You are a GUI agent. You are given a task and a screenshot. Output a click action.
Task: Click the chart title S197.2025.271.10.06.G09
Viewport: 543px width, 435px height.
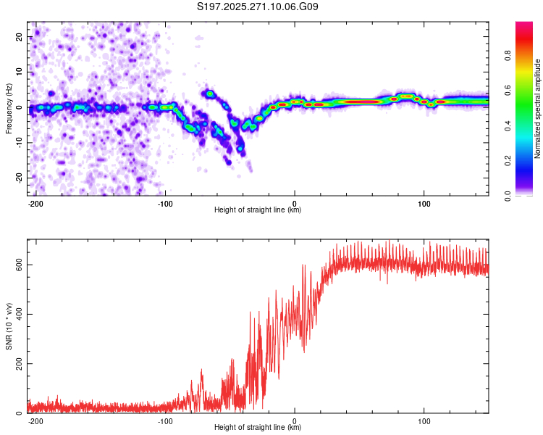click(258, 7)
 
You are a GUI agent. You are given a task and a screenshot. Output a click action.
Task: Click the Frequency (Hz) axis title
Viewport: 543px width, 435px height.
click(9, 108)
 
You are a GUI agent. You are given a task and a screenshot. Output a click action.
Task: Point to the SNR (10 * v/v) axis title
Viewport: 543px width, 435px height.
click(9, 325)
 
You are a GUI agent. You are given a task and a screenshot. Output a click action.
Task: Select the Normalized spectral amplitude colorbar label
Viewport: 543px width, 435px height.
click(538, 109)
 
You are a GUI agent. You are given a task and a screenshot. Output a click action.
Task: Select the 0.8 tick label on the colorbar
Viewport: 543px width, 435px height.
click(508, 54)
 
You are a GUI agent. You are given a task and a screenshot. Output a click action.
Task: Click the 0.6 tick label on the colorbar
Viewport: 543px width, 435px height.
click(508, 90)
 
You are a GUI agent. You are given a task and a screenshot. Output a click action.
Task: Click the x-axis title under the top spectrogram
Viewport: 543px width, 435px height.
click(258, 210)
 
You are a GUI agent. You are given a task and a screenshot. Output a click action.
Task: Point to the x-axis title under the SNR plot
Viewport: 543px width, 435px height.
click(258, 428)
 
